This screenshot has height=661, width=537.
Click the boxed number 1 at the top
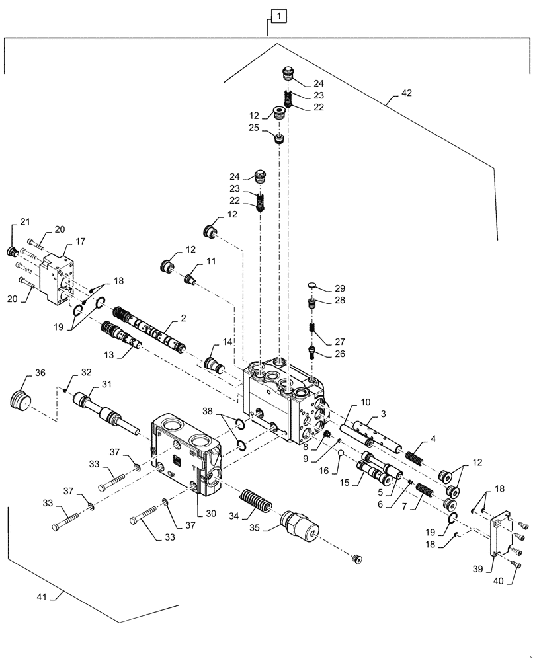coord(279,15)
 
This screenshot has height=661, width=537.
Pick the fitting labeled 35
coord(300,526)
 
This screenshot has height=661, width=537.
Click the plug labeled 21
coord(11,251)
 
